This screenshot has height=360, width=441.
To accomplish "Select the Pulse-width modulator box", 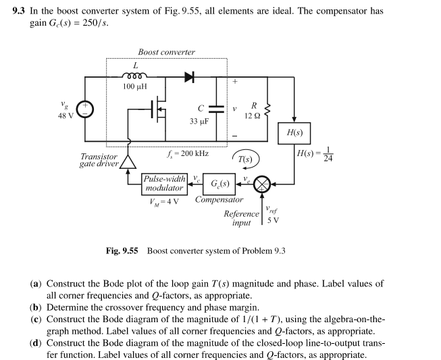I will pyautogui.click(x=163, y=184).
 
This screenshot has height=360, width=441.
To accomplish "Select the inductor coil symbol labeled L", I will pyautogui.click(x=132, y=75).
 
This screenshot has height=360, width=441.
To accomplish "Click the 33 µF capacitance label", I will pyautogui.click(x=199, y=121).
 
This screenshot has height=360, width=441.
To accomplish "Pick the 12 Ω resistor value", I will pyautogui.click(x=253, y=116).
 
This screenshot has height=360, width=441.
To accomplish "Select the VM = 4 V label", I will pyautogui.click(x=162, y=201).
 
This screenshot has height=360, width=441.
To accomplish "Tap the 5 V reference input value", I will pyautogui.click(x=273, y=221).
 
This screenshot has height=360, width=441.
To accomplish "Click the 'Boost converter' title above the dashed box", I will pyautogui.click(x=166, y=52).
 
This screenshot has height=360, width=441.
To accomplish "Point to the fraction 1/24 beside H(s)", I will pyautogui.click(x=328, y=154).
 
